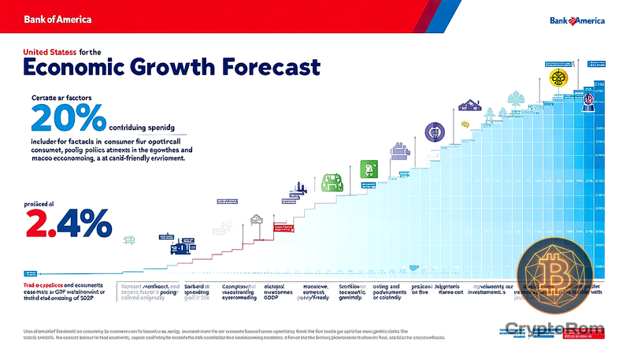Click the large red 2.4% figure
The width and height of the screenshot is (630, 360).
click(x=69, y=222)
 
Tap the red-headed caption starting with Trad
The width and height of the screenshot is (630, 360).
click(x=55, y=291)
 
